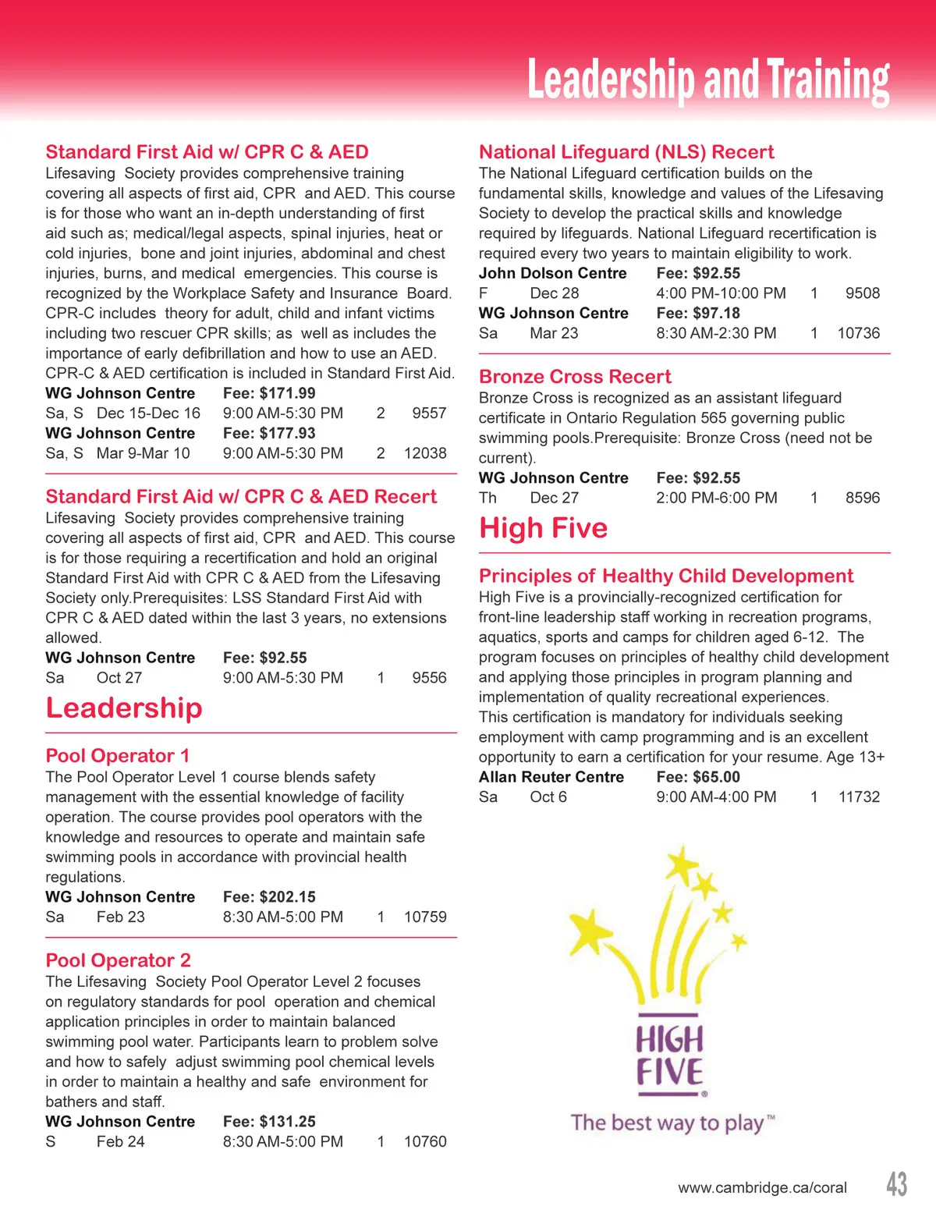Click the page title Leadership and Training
(x=707, y=80)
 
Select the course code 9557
(x=429, y=413)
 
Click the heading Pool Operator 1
(x=118, y=756)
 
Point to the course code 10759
(x=425, y=917)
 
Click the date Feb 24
(x=121, y=1142)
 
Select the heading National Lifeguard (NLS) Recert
(x=626, y=152)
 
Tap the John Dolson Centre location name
(x=552, y=274)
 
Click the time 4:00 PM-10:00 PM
(x=721, y=294)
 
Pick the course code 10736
(x=858, y=334)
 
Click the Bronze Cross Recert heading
(x=575, y=377)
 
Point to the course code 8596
(x=862, y=498)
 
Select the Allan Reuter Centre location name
(x=551, y=778)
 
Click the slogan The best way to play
(x=668, y=1123)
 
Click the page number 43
(x=896, y=1184)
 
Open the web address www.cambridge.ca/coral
(x=762, y=1188)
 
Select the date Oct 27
(x=119, y=679)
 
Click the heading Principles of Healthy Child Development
(x=666, y=577)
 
